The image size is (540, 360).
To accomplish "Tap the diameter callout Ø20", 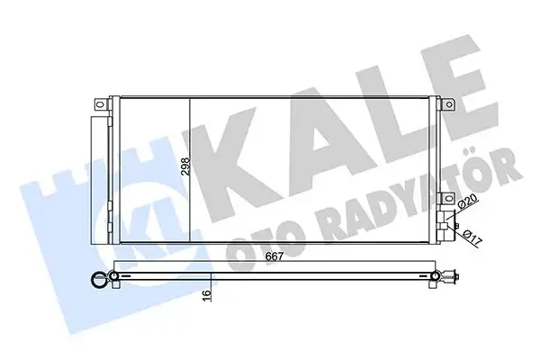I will coord(468,206).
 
